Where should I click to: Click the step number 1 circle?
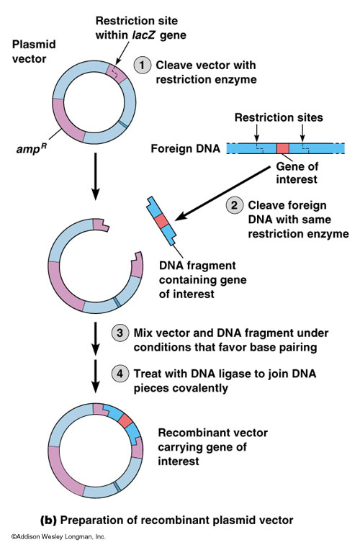click(x=144, y=64)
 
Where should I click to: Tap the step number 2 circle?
click(x=235, y=204)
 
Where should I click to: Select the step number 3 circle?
click(x=121, y=333)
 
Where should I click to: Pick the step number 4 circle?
click(x=121, y=374)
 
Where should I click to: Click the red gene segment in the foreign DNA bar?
click(x=283, y=149)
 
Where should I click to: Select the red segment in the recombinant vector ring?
click(x=127, y=420)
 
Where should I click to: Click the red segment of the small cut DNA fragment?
click(x=163, y=220)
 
